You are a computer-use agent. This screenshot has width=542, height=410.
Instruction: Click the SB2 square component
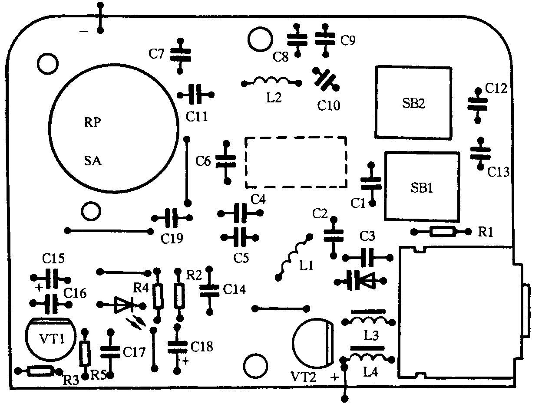click(x=413, y=102)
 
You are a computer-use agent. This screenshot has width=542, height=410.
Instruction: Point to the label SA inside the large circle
click(x=92, y=162)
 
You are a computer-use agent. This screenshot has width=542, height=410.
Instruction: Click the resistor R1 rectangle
click(x=443, y=232)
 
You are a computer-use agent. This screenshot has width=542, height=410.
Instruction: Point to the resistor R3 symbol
click(x=40, y=371)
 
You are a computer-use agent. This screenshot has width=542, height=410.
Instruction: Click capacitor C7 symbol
click(x=180, y=54)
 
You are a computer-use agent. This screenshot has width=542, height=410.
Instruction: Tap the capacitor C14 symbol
click(x=210, y=290)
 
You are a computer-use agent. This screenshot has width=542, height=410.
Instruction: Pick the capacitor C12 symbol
click(x=478, y=104)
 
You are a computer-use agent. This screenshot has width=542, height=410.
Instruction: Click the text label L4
click(x=371, y=371)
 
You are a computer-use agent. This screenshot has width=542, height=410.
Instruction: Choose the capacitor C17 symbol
click(x=110, y=353)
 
